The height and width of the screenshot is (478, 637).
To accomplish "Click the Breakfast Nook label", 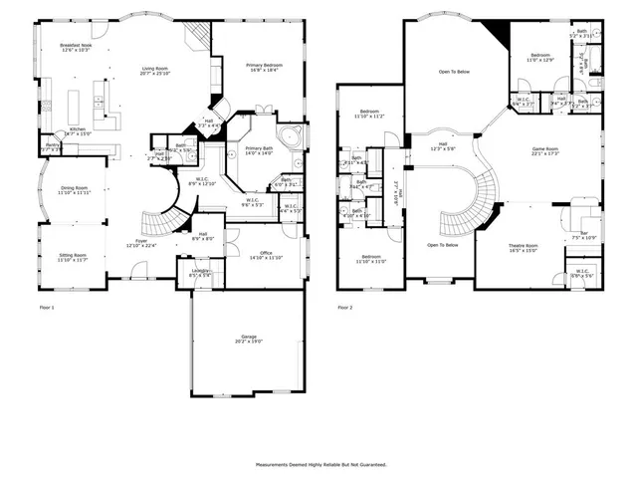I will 76,47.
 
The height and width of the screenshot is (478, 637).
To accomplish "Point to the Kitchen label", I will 78,130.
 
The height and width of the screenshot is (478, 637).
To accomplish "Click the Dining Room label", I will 76,189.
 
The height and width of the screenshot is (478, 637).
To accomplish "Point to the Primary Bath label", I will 260,150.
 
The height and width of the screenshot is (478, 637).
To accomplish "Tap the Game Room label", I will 545,150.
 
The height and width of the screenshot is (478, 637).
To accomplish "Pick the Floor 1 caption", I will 47,308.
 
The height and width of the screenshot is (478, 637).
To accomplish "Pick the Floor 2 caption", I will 345,308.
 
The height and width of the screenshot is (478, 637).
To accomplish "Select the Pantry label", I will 52,147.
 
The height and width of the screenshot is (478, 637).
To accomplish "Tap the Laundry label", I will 200,272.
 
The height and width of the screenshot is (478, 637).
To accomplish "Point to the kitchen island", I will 73,103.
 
